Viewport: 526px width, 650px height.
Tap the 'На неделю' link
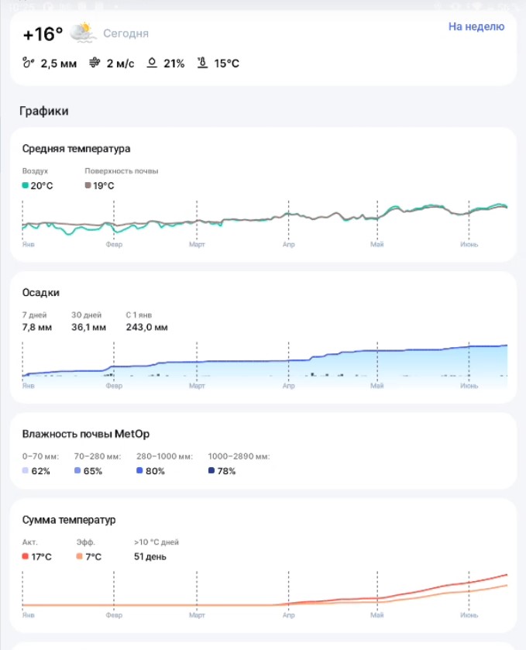[476, 26]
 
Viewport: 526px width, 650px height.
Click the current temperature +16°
[43, 34]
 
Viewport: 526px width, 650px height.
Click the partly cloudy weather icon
[82, 33]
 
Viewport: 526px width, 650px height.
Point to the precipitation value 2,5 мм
[58, 64]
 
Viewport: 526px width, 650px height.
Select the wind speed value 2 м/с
[120, 64]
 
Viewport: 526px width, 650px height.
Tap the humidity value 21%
[174, 64]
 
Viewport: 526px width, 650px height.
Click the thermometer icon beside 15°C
[202, 63]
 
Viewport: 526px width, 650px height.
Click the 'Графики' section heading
[44, 111]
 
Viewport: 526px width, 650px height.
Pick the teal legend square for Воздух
[26, 185]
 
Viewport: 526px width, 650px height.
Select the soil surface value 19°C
[103, 186]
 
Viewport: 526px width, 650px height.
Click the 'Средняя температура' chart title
[76, 149]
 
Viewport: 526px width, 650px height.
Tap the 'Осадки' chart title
[40, 293]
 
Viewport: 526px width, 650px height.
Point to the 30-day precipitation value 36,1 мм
[89, 327]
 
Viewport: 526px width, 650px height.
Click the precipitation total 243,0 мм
[146, 327]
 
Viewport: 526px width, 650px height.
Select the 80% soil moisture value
[155, 471]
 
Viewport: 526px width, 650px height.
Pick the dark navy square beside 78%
[211, 470]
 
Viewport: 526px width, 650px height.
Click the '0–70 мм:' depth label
[40, 456]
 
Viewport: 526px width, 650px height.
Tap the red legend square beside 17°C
[26, 556]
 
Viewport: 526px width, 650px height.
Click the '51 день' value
[150, 557]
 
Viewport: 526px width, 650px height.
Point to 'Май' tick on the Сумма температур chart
[376, 615]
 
